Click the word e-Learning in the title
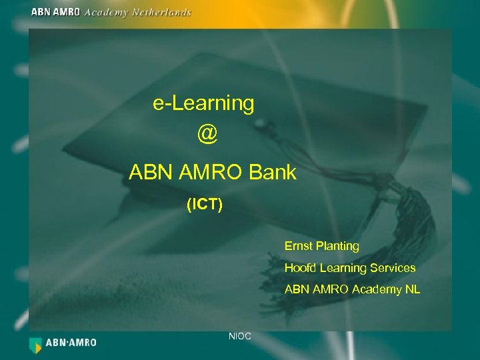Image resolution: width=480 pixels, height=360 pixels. tap(203, 103)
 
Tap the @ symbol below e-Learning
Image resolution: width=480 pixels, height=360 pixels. tap(207, 133)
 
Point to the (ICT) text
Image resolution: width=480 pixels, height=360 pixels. tap(205, 204)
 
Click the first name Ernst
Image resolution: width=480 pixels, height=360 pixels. tap(298, 246)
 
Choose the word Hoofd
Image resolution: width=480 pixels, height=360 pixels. tap(300, 268)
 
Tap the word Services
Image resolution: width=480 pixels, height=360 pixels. tap(392, 268)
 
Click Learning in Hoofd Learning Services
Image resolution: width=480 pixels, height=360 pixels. tap(342, 268)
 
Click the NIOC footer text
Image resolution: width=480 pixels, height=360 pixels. tap(239, 336)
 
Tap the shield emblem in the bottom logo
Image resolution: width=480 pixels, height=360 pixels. tap(35, 344)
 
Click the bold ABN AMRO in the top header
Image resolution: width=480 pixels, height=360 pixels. tap(56, 12)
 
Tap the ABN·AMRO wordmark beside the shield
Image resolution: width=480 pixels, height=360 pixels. tap(71, 343)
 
